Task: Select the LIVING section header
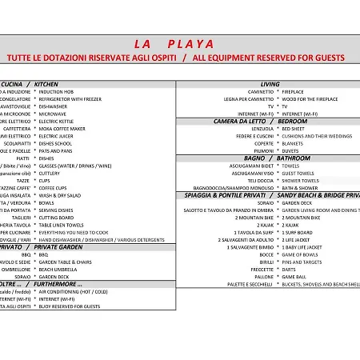(270, 84)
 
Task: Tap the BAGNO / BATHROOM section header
(270, 158)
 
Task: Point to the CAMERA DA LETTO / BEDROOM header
(271, 121)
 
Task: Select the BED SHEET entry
(293, 129)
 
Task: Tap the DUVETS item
(290, 150)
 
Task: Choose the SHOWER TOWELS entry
(300, 180)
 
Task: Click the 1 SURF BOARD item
(297, 232)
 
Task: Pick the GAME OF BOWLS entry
(300, 254)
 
